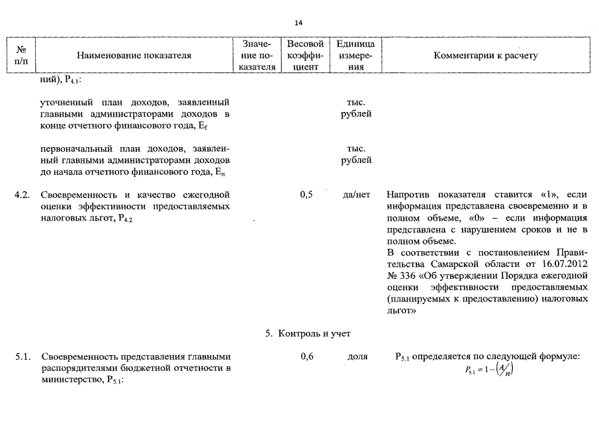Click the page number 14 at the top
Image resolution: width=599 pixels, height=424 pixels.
click(299, 23)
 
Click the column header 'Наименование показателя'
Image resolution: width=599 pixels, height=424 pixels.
click(134, 56)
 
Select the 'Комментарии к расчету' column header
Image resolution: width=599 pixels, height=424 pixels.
click(485, 56)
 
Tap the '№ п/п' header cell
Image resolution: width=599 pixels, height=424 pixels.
click(20, 56)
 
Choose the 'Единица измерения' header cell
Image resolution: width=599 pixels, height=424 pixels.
click(356, 56)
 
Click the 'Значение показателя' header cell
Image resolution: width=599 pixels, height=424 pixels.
click(257, 56)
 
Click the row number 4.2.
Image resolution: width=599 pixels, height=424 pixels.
click(23, 195)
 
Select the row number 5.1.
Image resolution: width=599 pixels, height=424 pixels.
click(23, 357)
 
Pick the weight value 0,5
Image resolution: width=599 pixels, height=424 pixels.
click(306, 195)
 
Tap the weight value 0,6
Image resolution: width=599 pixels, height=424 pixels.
click(306, 357)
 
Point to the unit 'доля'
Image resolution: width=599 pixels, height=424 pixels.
click(357, 357)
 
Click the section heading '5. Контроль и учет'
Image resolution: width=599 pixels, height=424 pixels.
click(308, 333)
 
